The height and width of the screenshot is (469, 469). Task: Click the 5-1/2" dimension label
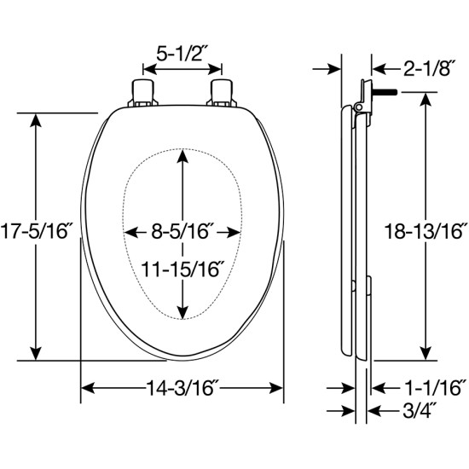click(182, 54)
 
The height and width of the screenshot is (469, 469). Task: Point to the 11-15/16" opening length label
click(182, 269)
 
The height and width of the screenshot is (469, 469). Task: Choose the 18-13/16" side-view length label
click(426, 231)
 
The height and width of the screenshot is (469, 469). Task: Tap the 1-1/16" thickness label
click(435, 388)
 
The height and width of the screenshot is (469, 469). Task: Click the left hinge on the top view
click(142, 93)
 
